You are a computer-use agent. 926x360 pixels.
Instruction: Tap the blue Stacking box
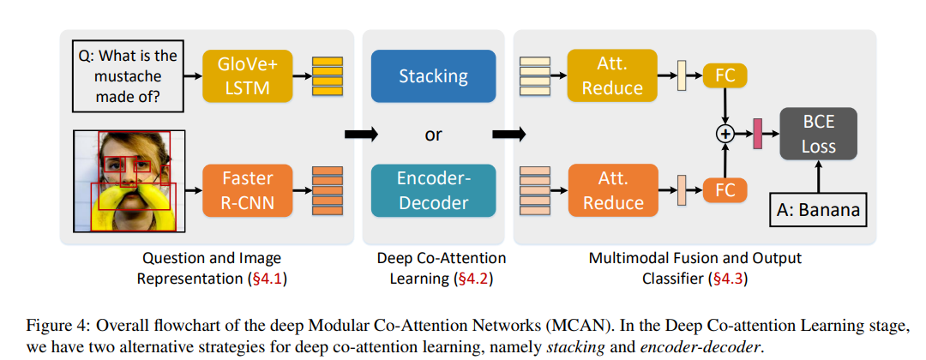click(433, 76)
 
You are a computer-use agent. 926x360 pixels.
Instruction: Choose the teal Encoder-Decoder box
click(433, 190)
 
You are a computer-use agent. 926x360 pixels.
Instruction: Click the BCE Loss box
click(818, 135)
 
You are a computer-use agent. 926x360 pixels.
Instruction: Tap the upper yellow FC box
click(725, 75)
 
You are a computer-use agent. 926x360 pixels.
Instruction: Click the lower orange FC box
click(725, 190)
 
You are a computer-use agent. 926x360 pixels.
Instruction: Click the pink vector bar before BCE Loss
click(757, 134)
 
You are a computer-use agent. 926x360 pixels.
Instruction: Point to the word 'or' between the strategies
click(434, 135)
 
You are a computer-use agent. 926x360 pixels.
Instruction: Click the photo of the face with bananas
click(125, 181)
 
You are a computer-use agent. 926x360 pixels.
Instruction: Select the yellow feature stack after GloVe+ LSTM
click(327, 75)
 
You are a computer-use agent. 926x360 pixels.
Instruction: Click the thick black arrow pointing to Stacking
click(358, 135)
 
